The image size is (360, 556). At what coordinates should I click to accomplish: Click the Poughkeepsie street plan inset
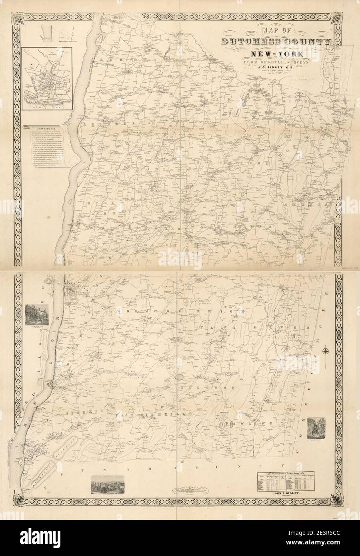[x=47, y=78]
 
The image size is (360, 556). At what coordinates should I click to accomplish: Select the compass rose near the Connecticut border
[x=327, y=352]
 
